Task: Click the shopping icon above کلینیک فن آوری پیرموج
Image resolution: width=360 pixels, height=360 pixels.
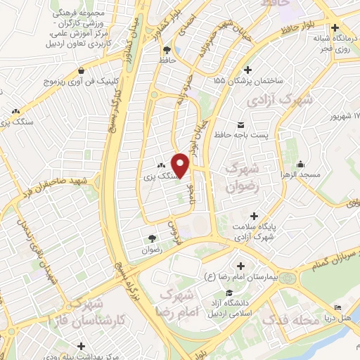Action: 84,70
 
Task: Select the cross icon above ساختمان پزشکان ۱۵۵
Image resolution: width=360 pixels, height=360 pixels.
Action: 247,70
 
